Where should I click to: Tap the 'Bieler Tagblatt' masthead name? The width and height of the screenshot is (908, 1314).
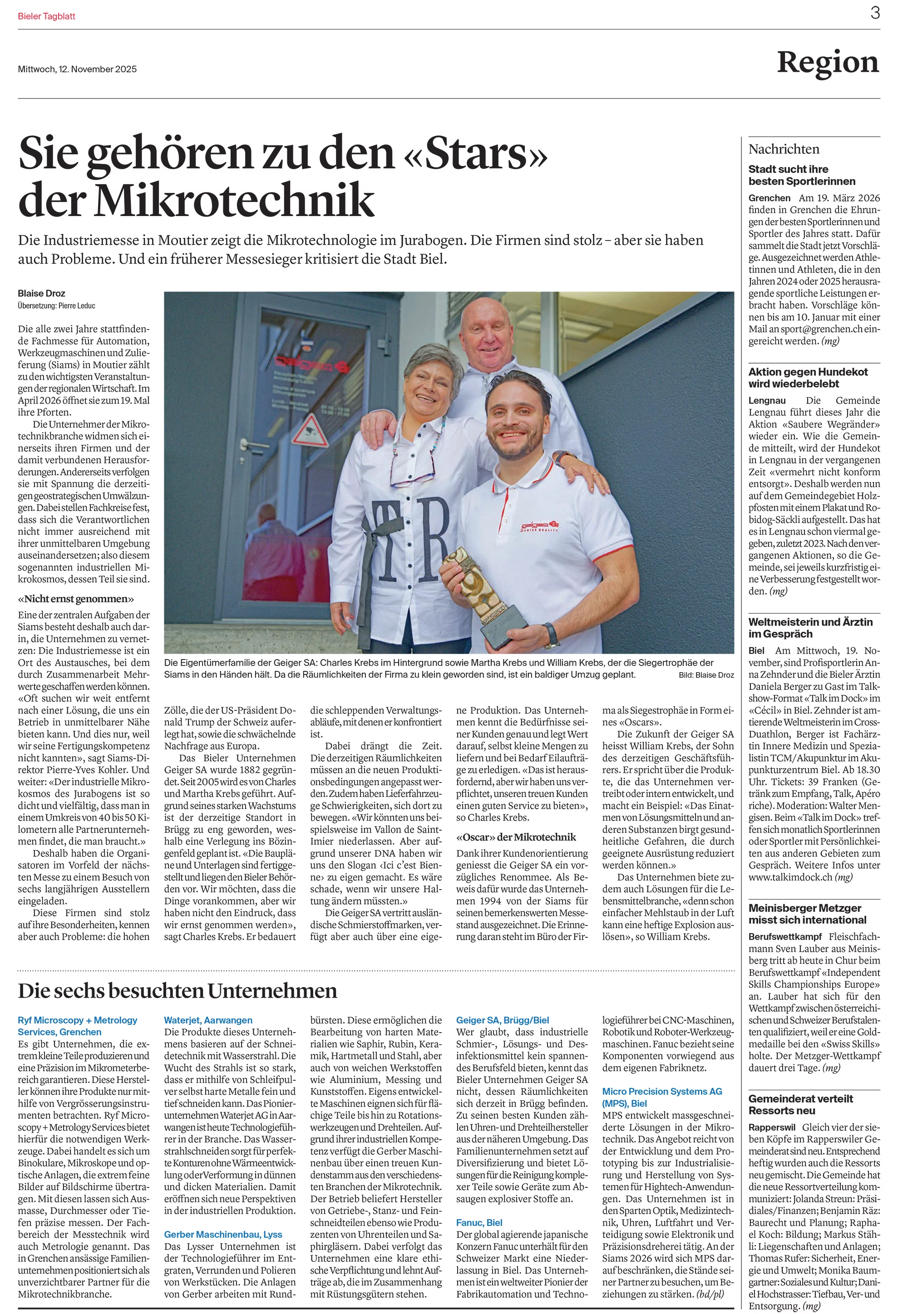pyautogui.click(x=47, y=16)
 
